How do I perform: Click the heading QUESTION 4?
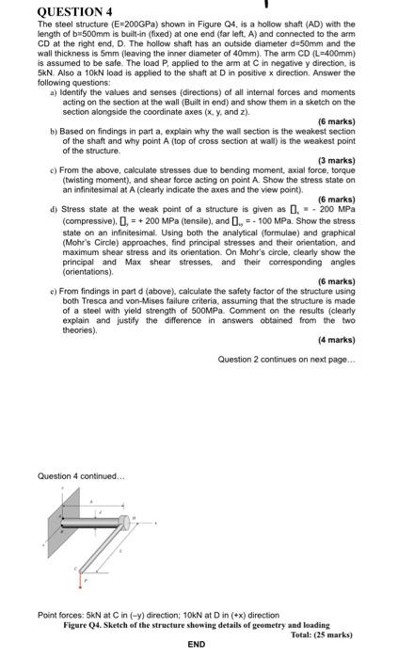[47, 11]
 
